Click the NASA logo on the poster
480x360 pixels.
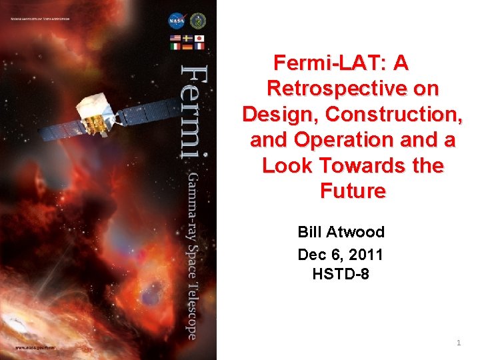[177, 21]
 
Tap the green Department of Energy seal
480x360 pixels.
[198, 21]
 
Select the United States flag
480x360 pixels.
[176, 37]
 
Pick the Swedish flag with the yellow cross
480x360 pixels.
[187, 37]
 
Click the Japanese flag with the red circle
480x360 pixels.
[199, 37]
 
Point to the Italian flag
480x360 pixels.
[176, 46]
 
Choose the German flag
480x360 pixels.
[187, 46]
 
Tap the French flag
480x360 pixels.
[199, 46]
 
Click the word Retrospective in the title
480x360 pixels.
[353, 89]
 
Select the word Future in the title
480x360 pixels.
[353, 191]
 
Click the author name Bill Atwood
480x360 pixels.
[341, 232]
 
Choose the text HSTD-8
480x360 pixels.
[341, 274]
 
